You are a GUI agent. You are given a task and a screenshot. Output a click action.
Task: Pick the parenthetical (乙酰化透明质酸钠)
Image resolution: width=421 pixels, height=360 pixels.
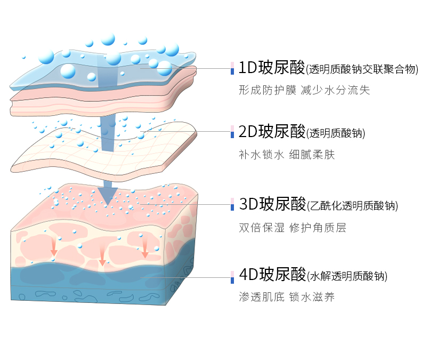[352, 205]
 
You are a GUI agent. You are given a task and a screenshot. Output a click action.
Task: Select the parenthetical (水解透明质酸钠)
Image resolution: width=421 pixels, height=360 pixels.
[347, 276]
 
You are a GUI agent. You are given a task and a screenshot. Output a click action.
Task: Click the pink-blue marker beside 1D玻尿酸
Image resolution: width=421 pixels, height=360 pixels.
[232, 68]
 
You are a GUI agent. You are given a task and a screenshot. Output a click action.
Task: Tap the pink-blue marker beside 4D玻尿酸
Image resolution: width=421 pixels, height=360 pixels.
[232, 276]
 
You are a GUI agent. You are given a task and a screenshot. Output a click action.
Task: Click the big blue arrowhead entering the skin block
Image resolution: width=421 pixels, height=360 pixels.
[108, 195]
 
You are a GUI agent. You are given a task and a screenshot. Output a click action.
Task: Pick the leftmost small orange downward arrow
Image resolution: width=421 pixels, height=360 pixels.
[54, 247]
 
